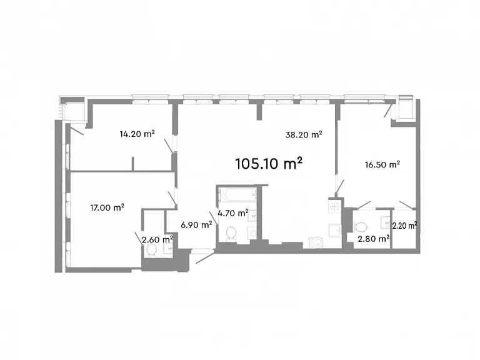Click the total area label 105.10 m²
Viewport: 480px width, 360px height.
coord(269,164)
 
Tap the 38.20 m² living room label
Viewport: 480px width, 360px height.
coord(304,135)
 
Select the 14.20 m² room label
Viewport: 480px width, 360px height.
coord(137,134)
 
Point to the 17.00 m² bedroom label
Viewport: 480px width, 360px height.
coord(107,208)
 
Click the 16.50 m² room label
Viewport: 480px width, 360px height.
coord(382,165)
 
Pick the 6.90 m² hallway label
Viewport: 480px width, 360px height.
coord(196,225)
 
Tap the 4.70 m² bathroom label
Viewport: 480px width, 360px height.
coord(232,212)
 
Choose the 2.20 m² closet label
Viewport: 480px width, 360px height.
coord(404,226)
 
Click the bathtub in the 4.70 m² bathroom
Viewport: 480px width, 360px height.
coord(237,195)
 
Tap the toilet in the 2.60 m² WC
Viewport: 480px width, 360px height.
coord(152,251)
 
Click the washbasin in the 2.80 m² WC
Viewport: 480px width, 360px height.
coord(386,222)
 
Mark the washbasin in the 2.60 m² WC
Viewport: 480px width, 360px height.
coord(168,249)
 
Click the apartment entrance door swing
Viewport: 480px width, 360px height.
coord(205,258)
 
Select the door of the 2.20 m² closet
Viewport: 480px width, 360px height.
coord(407,205)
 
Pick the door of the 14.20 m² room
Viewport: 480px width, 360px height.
coord(169,146)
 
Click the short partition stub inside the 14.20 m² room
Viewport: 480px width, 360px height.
coord(133,164)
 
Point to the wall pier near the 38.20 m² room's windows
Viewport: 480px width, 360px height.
coord(259,110)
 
